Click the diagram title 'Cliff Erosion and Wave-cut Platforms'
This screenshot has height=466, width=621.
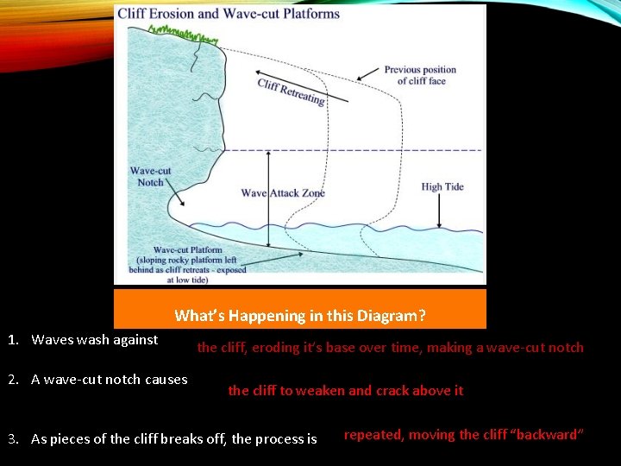228,14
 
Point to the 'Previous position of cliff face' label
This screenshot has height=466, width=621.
420,75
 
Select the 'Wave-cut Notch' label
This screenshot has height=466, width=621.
150,176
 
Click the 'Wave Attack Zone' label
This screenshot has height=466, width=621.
283,193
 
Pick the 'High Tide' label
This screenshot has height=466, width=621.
442,186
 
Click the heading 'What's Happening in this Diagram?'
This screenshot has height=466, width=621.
299,316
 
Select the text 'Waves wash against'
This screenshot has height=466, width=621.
94,339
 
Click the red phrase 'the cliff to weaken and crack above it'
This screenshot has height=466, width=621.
345,390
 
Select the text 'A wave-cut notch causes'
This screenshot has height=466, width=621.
109,379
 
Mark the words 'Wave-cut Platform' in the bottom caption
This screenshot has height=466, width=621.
187,250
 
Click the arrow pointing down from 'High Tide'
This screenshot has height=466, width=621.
442,211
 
